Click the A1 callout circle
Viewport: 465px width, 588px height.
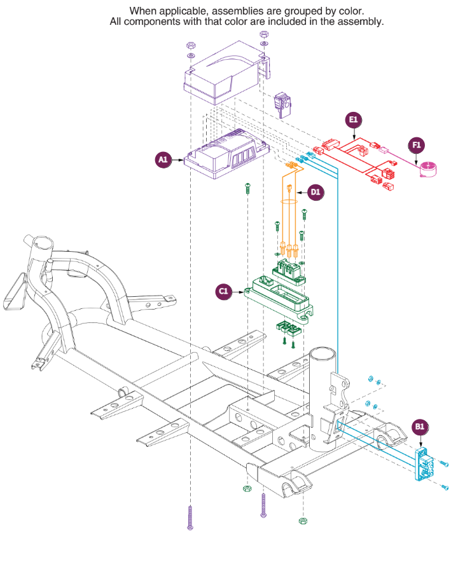click(x=162, y=160)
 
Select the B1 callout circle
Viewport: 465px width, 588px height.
click(x=420, y=427)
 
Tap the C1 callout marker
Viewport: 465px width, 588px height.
click(x=223, y=291)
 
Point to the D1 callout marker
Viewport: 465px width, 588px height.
click(x=316, y=193)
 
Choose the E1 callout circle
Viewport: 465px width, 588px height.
click(x=353, y=120)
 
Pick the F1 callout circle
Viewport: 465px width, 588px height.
click(x=416, y=145)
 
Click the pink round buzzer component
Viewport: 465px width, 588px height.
click(x=427, y=169)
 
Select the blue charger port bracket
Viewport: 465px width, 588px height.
click(x=424, y=464)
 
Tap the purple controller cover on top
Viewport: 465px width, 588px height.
click(x=226, y=72)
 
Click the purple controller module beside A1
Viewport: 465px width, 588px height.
click(x=226, y=154)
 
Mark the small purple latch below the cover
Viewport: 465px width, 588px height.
click(x=282, y=105)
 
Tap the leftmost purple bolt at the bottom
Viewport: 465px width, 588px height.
click(x=190, y=517)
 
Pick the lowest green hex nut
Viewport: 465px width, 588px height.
click(x=303, y=521)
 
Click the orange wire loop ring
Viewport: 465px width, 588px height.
click(x=289, y=202)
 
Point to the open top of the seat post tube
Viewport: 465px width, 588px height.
click(x=322, y=353)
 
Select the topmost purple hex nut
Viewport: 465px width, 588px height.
click(x=264, y=34)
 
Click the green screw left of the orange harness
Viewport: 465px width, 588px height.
click(x=277, y=226)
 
